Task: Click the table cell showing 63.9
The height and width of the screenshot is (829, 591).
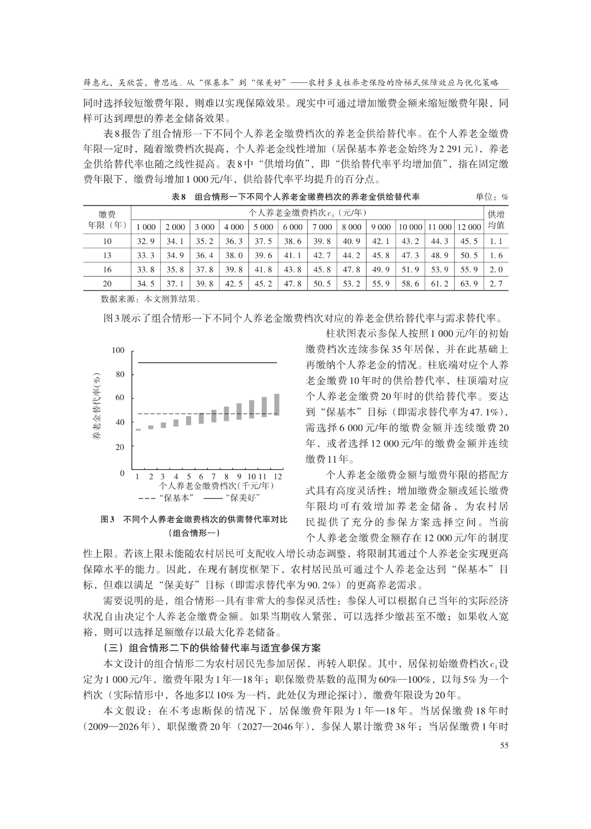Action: (x=469, y=283)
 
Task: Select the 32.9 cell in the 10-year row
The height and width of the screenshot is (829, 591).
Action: (x=146, y=241)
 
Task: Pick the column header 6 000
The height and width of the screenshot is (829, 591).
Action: (x=292, y=227)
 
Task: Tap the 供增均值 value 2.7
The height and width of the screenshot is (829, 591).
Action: (x=496, y=283)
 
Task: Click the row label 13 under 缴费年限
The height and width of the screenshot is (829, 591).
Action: (x=107, y=255)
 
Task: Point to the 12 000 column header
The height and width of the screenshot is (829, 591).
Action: (x=469, y=227)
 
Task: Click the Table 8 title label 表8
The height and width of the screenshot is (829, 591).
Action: (x=178, y=197)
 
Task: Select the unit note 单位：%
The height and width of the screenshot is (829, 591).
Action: (x=491, y=197)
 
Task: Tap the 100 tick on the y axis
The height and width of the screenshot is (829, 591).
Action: (x=119, y=351)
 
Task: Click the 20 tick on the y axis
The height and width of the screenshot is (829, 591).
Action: (x=120, y=447)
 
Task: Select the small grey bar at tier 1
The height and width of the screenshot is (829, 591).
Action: (x=138, y=430)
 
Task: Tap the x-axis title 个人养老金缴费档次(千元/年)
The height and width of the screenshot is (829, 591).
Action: (x=217, y=487)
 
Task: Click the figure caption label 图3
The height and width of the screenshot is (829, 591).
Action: (x=107, y=520)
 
